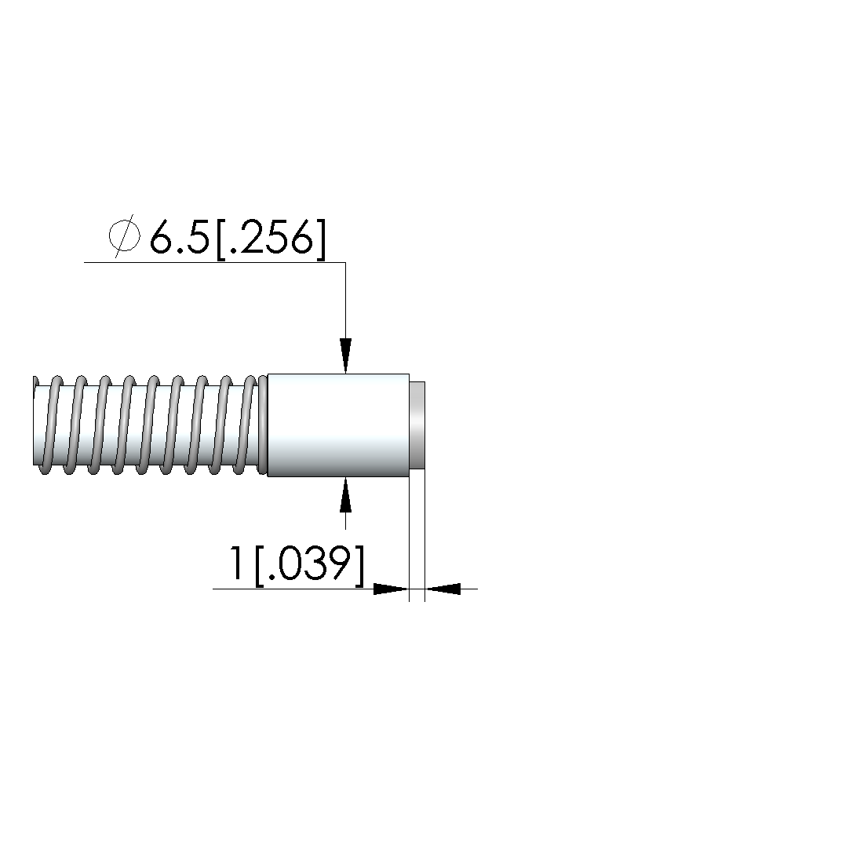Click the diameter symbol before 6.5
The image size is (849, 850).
point(124,236)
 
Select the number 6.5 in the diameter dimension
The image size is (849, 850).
point(179,237)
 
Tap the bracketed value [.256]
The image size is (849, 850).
point(271,239)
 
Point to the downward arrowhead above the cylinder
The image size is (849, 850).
point(346,356)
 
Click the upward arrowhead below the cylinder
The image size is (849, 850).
point(346,494)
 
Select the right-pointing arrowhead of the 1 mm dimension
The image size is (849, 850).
point(392,588)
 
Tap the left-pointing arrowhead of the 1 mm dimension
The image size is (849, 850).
point(443,588)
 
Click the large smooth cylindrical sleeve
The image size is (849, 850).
point(338,425)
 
